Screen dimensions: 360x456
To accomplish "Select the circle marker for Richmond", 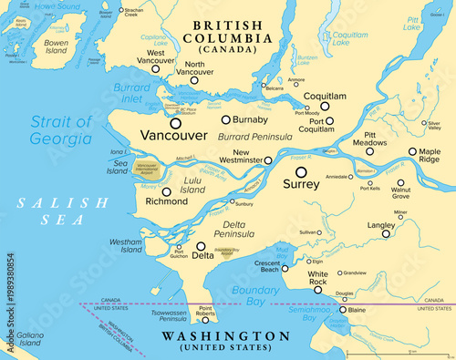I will coord(166,192).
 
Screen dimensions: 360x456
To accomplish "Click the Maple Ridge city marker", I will coord(413,151).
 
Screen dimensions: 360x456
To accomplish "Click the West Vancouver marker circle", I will coord(155,68).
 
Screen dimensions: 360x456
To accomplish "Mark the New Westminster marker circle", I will coord(267,159).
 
